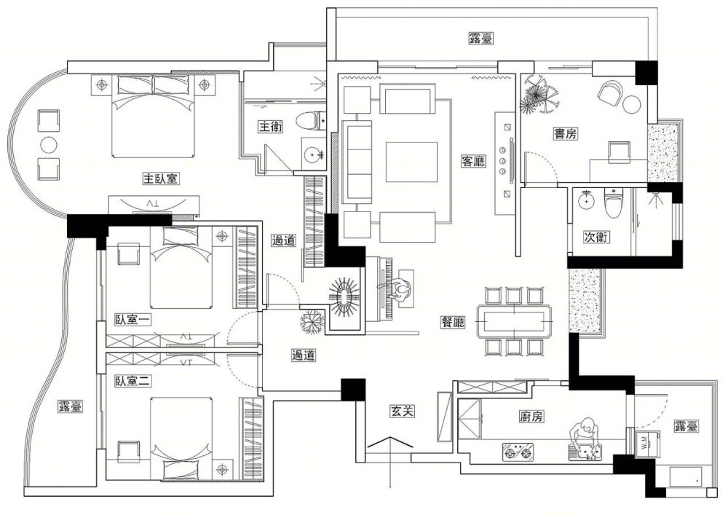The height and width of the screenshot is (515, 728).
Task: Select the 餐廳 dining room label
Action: coord(452,321)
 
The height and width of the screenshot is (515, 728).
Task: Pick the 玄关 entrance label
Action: coord(401,412)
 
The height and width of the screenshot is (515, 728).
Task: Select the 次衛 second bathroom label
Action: coord(596,236)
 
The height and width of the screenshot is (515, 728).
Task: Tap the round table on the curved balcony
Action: coord(49,144)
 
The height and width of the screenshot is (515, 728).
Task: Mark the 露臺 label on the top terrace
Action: coord(480,39)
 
